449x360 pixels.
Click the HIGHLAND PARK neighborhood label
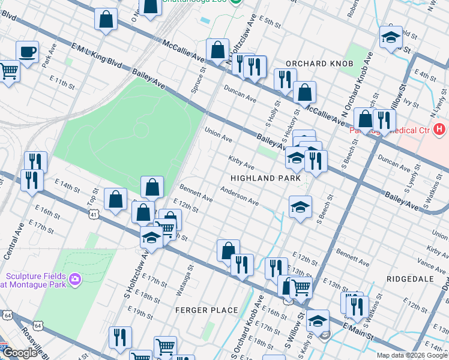click(x=264, y=178)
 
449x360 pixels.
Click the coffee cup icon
click(x=26, y=51)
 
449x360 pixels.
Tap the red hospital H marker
click(x=440, y=128)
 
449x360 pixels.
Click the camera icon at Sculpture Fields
click(x=75, y=278)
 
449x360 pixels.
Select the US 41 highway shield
click(x=93, y=213)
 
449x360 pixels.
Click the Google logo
click(x=20, y=353)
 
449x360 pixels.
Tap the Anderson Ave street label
click(x=239, y=196)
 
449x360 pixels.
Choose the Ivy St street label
click(x=412, y=103)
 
